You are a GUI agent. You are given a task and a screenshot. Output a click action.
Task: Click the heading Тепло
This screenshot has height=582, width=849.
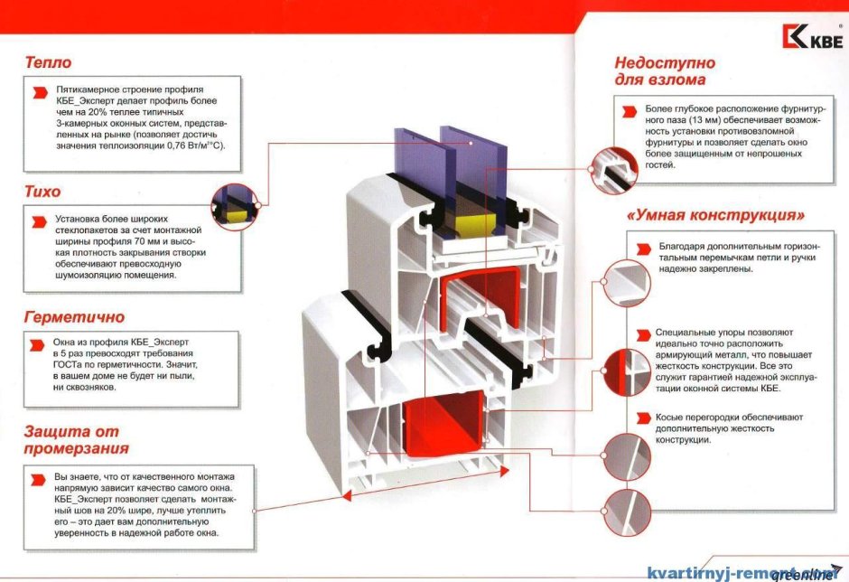[49, 63]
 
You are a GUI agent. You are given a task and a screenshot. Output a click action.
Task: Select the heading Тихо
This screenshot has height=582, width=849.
[43, 192]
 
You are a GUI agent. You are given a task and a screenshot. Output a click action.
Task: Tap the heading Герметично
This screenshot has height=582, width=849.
[74, 318]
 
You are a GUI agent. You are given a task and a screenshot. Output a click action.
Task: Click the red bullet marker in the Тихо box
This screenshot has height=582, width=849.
[37, 221]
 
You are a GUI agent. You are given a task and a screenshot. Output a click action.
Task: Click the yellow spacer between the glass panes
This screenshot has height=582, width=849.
[471, 223]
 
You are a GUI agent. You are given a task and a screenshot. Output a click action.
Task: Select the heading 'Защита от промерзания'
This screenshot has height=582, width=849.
[77, 439]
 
